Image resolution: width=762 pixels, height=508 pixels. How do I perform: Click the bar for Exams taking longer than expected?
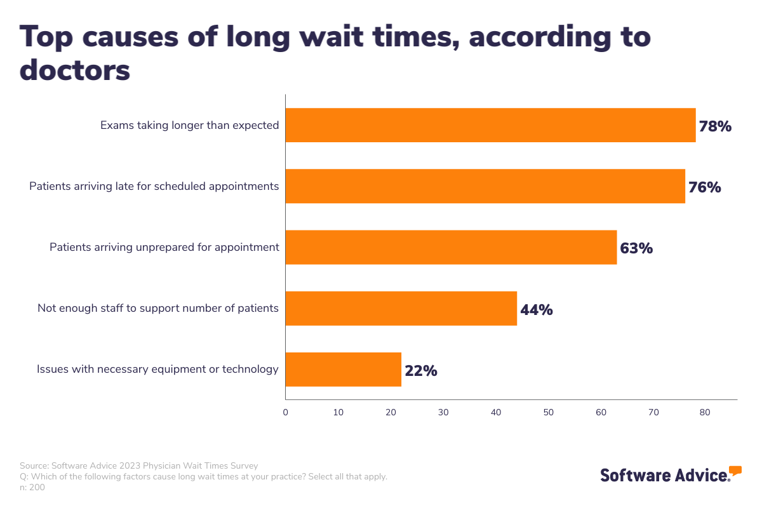(490, 125)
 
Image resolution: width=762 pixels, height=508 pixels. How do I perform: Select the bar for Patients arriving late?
(485, 186)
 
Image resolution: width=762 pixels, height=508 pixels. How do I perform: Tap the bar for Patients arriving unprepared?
(451, 247)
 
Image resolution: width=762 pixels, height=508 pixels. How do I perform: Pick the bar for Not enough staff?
(401, 308)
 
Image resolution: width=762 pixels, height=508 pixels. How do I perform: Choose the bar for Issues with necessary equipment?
(343, 369)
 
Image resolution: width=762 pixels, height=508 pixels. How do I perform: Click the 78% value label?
(715, 126)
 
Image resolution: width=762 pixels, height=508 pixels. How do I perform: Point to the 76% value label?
(704, 187)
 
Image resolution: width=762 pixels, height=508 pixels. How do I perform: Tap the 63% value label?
(636, 248)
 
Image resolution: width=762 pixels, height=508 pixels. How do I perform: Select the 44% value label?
(537, 310)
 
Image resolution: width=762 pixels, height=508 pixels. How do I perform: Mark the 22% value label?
(420, 371)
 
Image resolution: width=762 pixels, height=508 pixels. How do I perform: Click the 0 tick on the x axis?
(285, 413)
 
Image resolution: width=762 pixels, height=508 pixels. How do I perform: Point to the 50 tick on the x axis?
(549, 413)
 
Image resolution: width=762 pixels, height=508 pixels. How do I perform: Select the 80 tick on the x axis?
(704, 413)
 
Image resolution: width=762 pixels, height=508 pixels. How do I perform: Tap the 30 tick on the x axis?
(443, 413)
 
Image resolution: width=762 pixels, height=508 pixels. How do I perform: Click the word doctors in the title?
(75, 70)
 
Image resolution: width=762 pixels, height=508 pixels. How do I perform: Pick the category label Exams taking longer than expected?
(189, 125)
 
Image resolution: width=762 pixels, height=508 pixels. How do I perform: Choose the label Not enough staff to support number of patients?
(158, 308)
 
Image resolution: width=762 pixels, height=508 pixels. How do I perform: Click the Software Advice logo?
(671, 474)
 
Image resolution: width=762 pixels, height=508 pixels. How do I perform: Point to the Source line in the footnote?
(139, 465)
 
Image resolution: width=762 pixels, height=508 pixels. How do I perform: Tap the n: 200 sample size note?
(32, 487)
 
